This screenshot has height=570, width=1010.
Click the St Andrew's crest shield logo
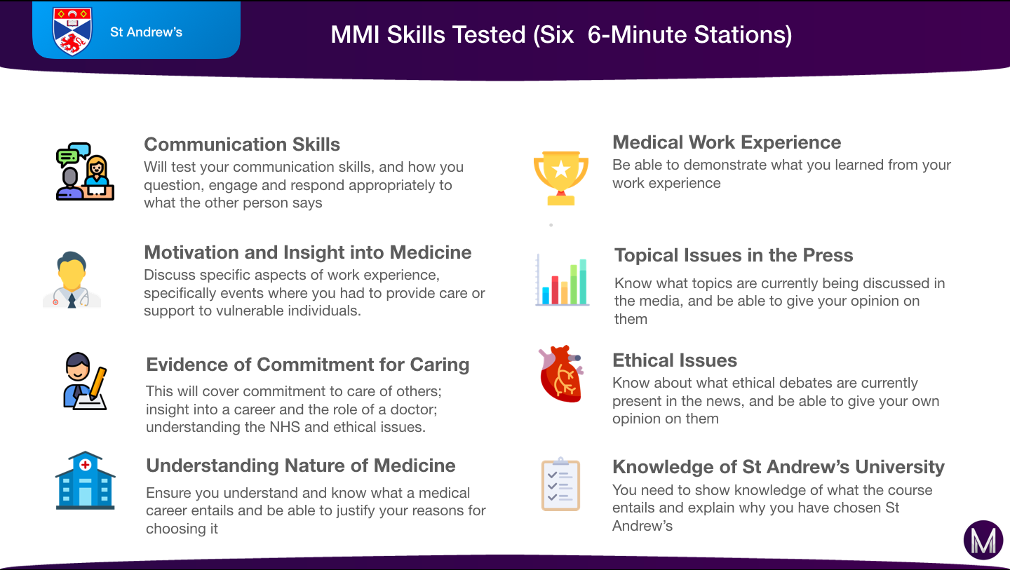72,31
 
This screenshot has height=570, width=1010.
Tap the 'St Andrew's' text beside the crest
146,32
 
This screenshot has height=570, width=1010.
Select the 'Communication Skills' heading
242,144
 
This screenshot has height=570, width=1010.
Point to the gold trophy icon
561,178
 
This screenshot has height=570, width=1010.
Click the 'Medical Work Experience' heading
727,142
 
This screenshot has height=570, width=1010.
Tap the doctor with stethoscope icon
72,280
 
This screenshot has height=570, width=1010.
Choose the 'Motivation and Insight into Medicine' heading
307,252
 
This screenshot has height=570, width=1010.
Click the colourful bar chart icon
563,280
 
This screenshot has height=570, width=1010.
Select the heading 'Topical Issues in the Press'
734,255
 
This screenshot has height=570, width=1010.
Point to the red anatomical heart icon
561,374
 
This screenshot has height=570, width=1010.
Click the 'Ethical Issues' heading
675,360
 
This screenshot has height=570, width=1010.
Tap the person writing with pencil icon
86,381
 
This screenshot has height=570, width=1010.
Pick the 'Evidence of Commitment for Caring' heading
307,365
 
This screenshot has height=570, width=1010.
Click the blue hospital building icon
86,480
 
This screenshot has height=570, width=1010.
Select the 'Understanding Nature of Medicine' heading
301,466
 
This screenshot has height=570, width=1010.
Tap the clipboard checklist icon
560,484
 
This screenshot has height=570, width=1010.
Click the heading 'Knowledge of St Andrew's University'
779,467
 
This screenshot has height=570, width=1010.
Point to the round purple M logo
983,541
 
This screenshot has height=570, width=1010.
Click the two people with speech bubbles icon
85,172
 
